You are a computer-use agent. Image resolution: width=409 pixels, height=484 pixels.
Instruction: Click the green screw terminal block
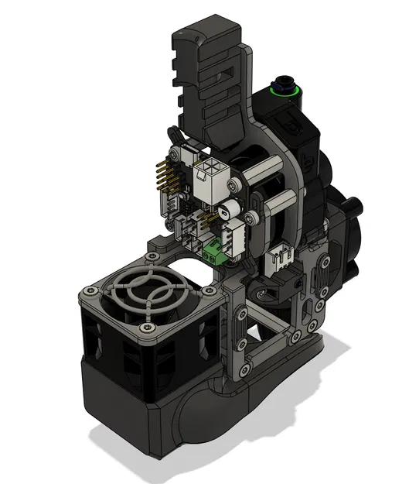[x=213, y=250]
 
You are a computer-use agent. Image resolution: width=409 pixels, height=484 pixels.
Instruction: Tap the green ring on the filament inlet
[x=285, y=91]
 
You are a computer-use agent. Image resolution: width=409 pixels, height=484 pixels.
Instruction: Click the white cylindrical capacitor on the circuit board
[x=229, y=210]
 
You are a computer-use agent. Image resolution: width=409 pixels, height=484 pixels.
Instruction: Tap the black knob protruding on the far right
[x=355, y=207]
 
